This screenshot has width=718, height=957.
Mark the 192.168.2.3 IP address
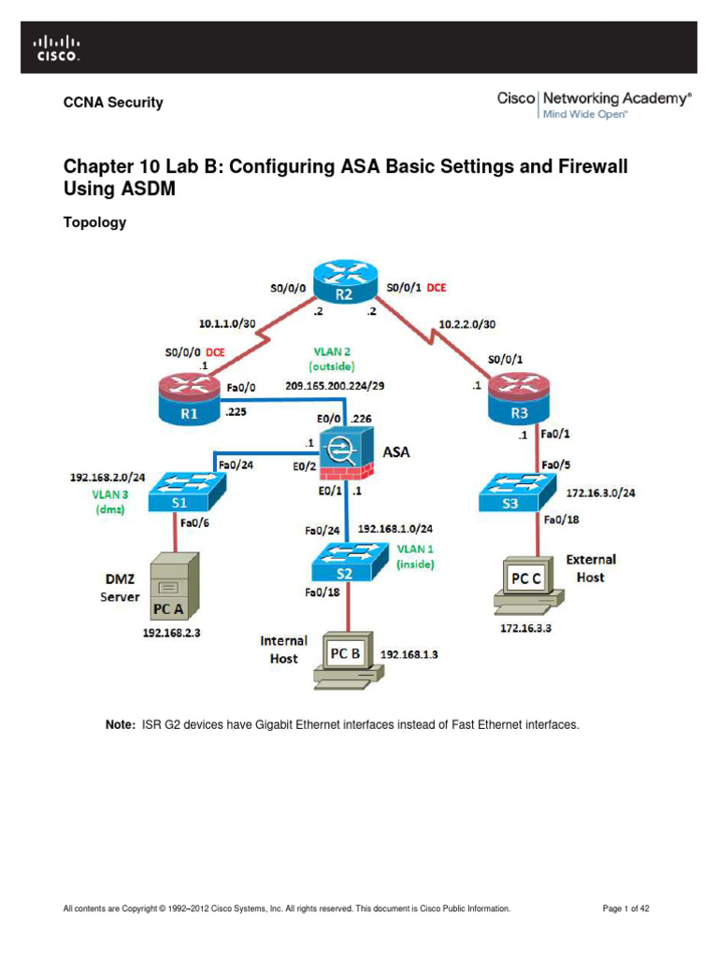pos(171,632)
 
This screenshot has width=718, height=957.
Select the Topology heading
pos(94,223)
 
